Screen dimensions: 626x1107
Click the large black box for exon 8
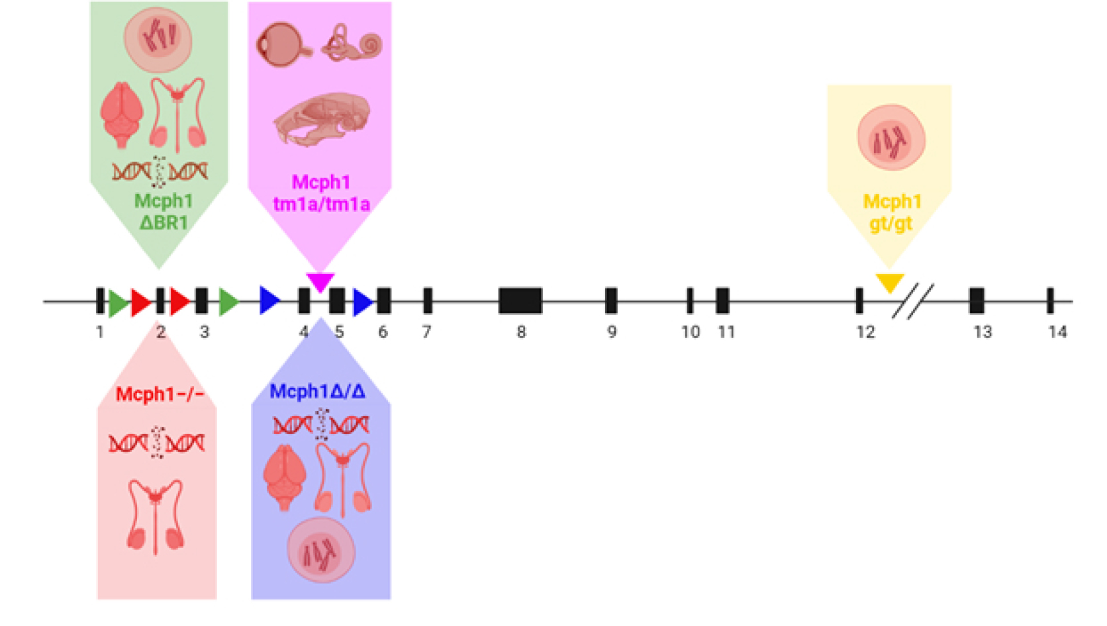click(x=520, y=300)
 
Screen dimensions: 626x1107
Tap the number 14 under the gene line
click(x=1057, y=332)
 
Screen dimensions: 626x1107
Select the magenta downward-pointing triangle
click(x=320, y=281)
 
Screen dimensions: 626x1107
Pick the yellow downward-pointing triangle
click(x=890, y=282)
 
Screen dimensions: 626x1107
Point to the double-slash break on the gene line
click(x=913, y=301)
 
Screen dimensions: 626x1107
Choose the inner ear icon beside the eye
click(x=352, y=44)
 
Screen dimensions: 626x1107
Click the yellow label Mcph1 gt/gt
click(x=891, y=212)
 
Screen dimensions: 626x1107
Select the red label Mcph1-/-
click(x=160, y=394)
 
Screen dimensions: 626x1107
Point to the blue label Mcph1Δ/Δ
click(x=317, y=392)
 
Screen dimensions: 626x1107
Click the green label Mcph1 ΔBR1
click(x=164, y=211)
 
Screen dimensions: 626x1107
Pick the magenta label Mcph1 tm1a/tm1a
click(x=321, y=193)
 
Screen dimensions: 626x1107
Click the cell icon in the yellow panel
click(x=890, y=138)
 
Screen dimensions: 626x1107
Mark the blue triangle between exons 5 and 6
click(x=362, y=302)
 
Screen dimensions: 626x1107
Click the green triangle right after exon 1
click(x=117, y=302)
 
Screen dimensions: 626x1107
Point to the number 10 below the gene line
click(x=691, y=332)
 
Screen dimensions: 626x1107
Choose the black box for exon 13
click(x=976, y=300)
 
